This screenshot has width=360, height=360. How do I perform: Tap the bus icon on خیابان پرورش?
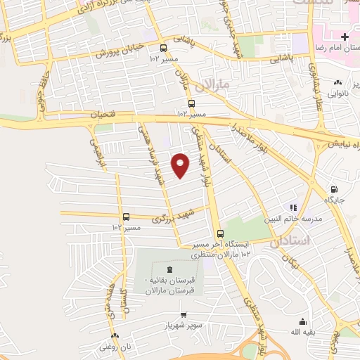tap(163, 48)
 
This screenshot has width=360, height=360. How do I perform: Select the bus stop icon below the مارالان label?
tap(184, 103)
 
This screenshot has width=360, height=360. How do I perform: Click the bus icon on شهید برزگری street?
tap(127, 217)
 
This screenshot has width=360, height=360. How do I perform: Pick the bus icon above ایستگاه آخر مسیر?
tap(220, 233)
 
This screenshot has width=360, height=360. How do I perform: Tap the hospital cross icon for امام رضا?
tap(344, 37)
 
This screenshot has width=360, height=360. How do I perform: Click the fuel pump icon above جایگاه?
tap(333, 188)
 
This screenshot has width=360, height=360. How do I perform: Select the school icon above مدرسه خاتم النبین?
tap(293, 207)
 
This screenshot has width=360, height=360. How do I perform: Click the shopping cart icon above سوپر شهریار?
tap(184, 315)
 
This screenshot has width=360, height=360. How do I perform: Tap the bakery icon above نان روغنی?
tap(115, 336)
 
